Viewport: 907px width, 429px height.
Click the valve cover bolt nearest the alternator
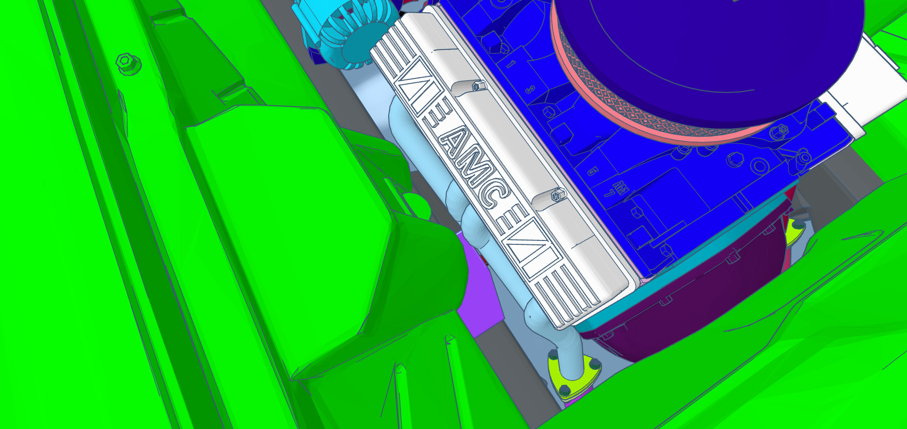[477, 87]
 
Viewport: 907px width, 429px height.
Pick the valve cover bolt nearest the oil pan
[557, 196]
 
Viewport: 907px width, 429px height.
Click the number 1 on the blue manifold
[511, 63]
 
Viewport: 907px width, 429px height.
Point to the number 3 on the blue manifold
[530, 90]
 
